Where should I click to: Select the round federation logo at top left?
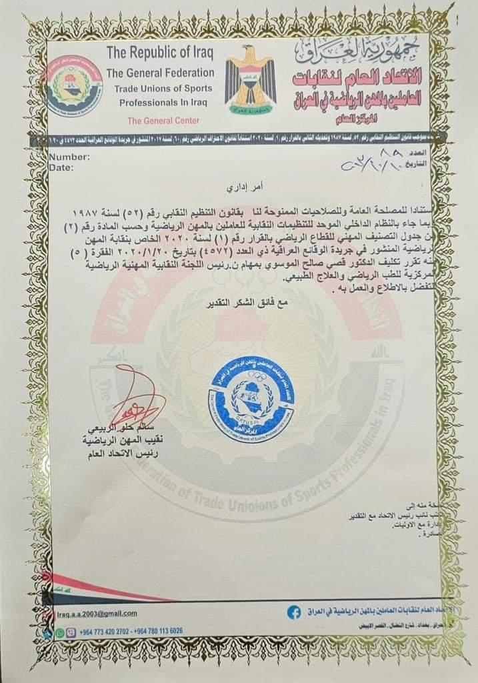(x=74, y=86)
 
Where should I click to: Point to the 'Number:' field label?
(x=69, y=157)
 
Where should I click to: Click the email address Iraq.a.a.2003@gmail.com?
(x=97, y=614)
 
